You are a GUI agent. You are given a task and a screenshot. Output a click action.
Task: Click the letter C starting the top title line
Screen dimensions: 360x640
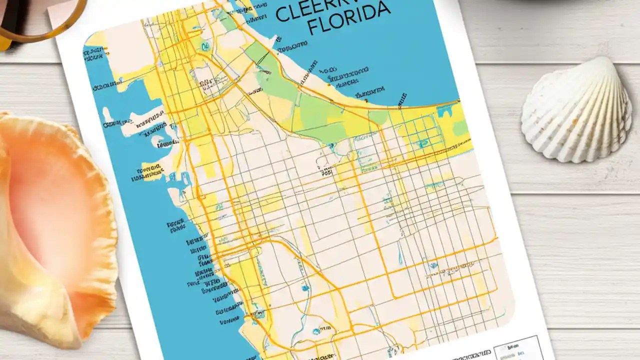point(282,14)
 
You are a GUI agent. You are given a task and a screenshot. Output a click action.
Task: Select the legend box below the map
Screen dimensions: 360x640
point(517,349)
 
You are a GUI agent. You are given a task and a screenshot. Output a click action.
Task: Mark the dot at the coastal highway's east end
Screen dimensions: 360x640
point(458,101)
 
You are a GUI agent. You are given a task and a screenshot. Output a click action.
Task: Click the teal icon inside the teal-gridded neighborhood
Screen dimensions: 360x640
point(423,143)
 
